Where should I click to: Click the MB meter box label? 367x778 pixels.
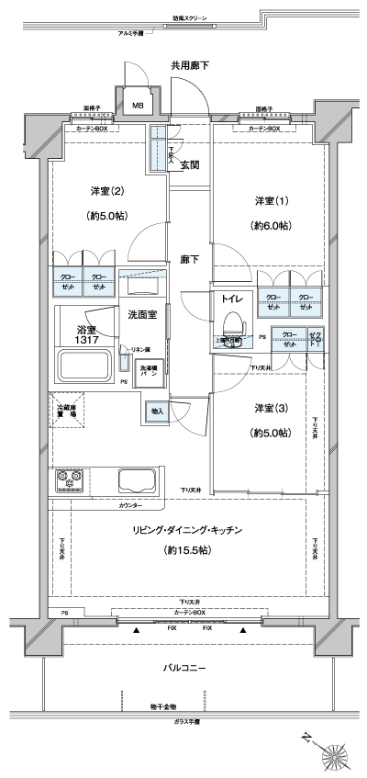pos(138,105)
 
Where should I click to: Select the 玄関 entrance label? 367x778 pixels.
pos(190,165)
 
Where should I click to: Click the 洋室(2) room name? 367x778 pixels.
pos(106,191)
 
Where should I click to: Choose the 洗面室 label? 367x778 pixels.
pos(142,314)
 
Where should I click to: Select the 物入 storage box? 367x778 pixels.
pos(156,411)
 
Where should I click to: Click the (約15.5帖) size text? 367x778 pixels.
pos(189,550)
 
